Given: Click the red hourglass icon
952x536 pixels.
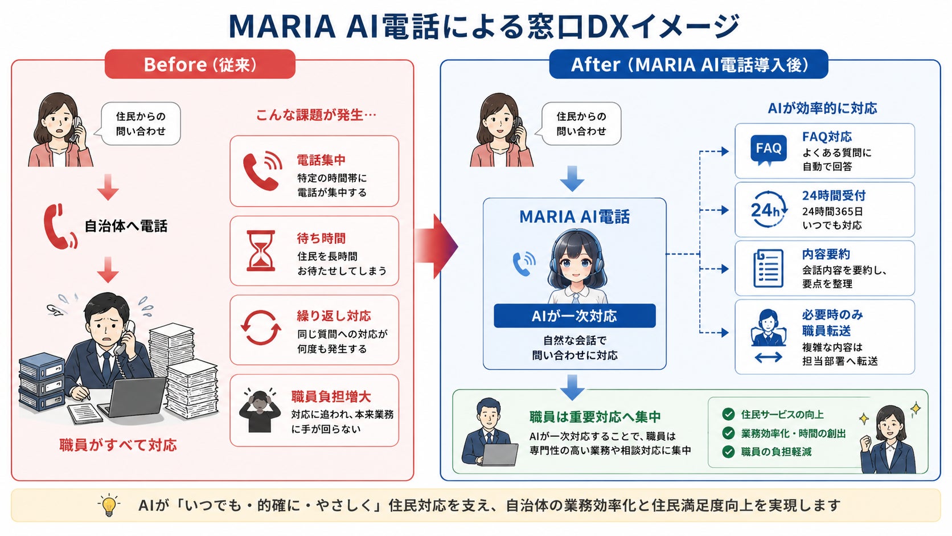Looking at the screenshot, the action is [x=261, y=251].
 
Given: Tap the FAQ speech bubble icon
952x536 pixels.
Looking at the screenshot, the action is [x=769, y=150].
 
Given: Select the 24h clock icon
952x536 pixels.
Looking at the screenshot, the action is [x=769, y=209].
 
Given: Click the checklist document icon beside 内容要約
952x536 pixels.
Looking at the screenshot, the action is [x=769, y=268].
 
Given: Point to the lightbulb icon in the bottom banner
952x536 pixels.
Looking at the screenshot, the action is [x=109, y=505].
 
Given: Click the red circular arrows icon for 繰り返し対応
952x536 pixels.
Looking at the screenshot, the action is [x=261, y=328].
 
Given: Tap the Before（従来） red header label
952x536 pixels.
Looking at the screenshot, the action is [x=200, y=64].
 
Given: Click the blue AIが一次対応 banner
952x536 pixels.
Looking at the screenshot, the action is [x=575, y=316].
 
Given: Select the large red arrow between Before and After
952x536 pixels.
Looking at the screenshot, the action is [x=436, y=246].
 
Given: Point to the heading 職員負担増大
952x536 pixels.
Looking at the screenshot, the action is [x=331, y=396].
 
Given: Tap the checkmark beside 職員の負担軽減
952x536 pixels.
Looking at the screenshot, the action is [x=728, y=451].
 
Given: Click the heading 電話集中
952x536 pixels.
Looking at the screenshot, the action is [x=321, y=160].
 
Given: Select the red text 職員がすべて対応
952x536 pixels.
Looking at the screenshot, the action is [x=118, y=445].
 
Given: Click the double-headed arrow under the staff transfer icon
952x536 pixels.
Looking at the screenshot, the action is [x=768, y=357].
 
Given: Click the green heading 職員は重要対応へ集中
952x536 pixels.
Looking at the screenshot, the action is [x=595, y=417].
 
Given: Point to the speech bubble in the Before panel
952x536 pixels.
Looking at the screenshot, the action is [x=139, y=123].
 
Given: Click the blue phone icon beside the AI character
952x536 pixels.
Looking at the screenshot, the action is [x=524, y=264].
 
